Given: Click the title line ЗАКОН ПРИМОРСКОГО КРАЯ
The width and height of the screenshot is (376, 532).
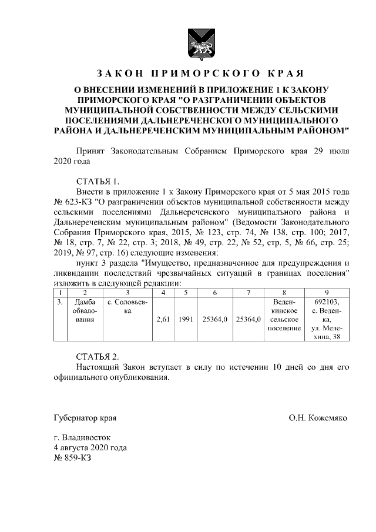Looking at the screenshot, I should tap(199, 74).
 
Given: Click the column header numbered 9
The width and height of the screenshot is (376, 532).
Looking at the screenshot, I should tap(327, 292).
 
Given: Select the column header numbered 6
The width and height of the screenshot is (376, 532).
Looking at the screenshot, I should tap(215, 292).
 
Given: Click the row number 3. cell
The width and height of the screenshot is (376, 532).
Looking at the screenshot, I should tap(59, 302).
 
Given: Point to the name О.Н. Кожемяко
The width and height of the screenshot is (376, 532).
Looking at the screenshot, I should tap(318, 419).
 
